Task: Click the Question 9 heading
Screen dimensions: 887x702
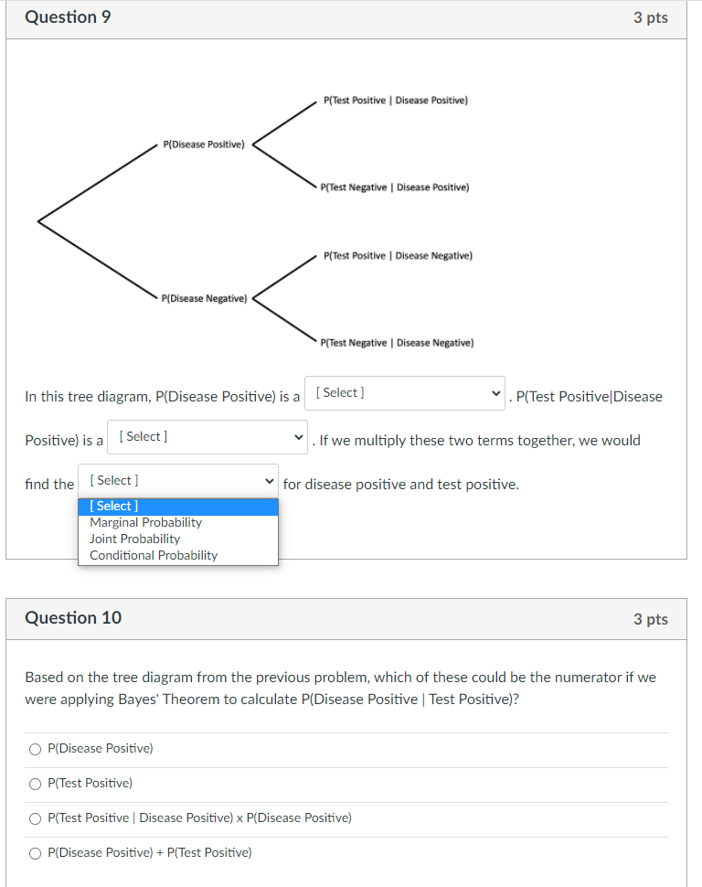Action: pos(68,17)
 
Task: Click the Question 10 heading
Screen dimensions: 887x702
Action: pos(73,618)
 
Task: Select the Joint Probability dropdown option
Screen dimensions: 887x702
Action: pos(134,539)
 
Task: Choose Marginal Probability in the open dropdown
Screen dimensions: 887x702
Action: pos(145,522)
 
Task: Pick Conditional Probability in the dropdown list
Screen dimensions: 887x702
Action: pos(154,555)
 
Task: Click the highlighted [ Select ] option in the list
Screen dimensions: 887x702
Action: pos(114,506)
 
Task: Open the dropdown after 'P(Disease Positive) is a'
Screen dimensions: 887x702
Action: pos(404,393)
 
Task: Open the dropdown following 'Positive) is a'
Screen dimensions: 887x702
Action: pos(207,437)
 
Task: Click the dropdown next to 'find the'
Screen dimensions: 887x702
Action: pos(177,481)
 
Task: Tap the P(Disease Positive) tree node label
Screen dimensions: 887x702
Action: pos(203,144)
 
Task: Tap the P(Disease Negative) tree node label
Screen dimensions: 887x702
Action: pos(203,298)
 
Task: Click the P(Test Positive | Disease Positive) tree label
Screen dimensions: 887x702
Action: pos(395,100)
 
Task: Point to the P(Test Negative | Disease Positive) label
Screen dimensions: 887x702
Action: pos(395,187)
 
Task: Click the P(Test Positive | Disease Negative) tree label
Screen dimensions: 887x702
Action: pos(398,256)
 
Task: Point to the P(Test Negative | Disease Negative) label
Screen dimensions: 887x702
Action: pos(398,343)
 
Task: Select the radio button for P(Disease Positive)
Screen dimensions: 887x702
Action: pos(35,749)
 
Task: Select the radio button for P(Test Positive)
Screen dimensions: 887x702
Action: pos(35,784)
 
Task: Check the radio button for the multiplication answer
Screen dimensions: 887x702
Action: pos(35,818)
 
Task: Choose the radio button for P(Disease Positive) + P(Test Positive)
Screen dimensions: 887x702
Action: pos(35,853)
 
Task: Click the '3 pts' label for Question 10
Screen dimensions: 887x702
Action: pos(650,619)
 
